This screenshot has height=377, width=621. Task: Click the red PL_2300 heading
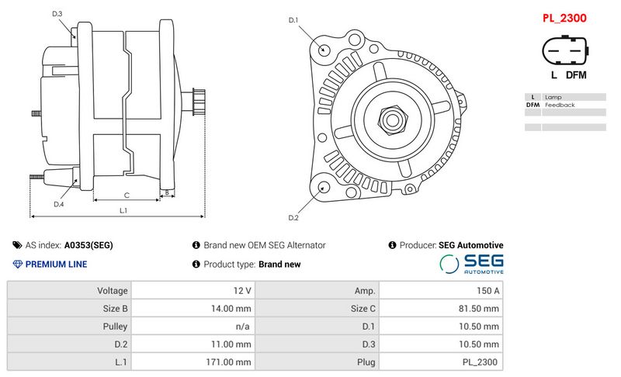tap(564, 17)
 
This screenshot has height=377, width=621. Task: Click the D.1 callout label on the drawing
tap(293, 19)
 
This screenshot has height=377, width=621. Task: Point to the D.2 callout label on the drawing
tap(293, 217)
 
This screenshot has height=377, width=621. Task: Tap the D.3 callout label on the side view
tap(57, 14)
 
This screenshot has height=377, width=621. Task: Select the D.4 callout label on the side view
tap(59, 204)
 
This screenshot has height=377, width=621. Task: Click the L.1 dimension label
tap(123, 210)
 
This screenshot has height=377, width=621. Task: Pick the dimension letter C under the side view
tap(127, 195)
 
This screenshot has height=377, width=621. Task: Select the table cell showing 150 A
tap(487, 291)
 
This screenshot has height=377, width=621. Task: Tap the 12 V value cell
tap(242, 291)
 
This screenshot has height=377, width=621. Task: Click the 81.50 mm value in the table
tap(480, 309)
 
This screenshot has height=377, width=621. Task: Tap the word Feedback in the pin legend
tap(560, 105)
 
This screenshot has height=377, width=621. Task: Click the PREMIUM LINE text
tap(56, 265)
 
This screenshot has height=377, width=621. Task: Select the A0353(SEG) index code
tap(88, 245)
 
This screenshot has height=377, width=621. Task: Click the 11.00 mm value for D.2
tap(233, 344)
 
